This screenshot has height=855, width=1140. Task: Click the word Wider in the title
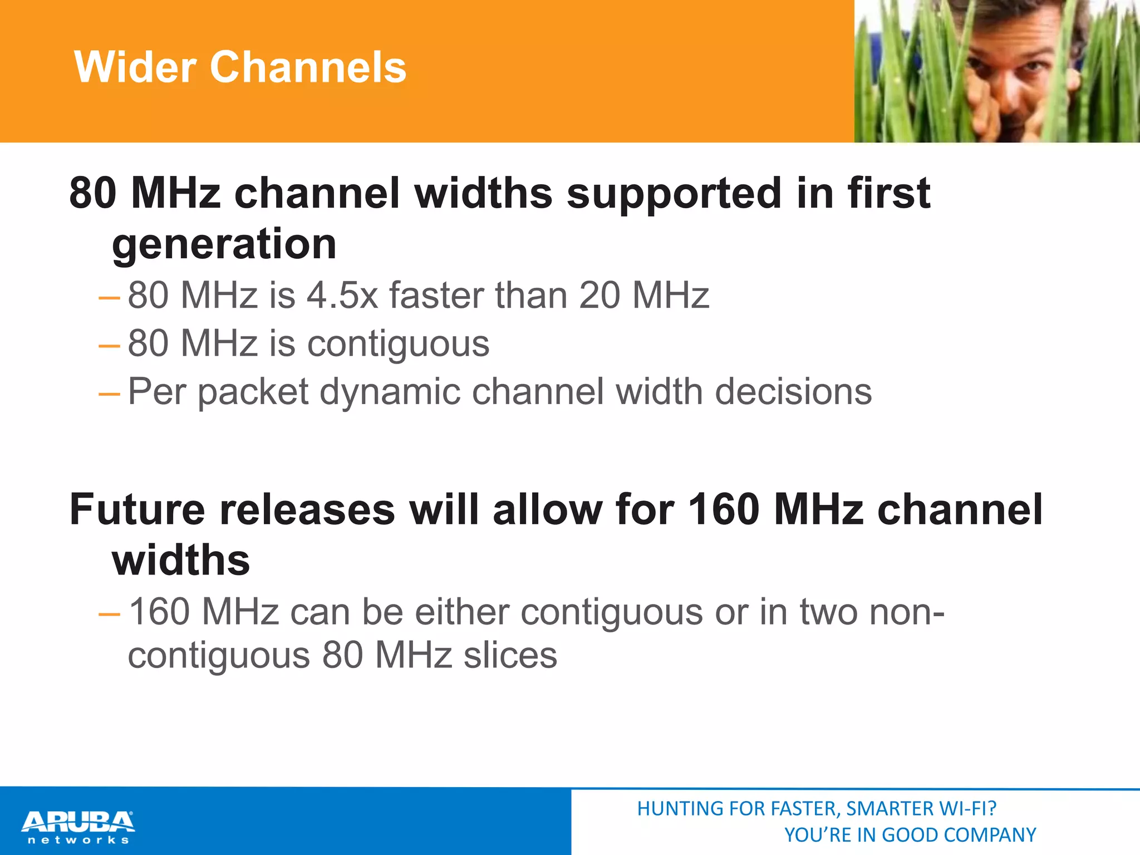(135, 67)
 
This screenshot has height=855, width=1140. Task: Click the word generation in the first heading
(224, 245)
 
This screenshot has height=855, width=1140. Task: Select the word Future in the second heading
(137, 509)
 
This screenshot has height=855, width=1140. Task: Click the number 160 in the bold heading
(724, 509)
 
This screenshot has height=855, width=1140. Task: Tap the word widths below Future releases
(181, 561)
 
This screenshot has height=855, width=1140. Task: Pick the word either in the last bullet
(462, 612)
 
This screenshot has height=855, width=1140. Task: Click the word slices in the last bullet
(510, 655)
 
